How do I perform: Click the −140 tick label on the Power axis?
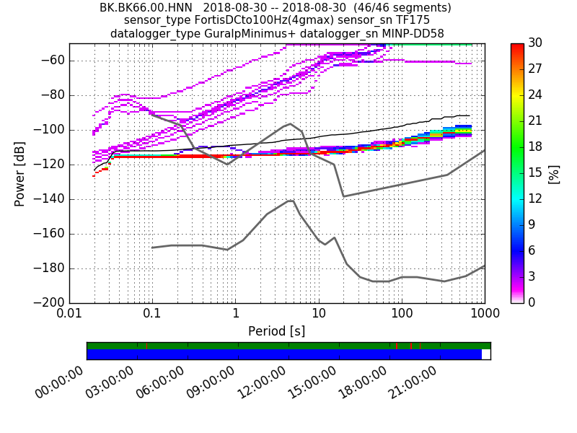(x=48, y=199)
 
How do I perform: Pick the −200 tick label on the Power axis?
(x=48, y=302)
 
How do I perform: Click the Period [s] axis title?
(x=276, y=331)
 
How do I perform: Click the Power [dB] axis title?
(x=20, y=174)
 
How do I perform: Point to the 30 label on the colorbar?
(x=536, y=43)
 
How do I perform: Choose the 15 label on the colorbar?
(x=536, y=172)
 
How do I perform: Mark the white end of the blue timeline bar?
(x=486, y=354)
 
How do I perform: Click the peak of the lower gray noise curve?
(x=291, y=201)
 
